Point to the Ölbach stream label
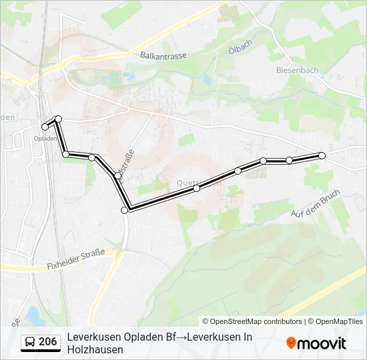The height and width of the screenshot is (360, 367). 240,51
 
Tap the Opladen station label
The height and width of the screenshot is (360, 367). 45,138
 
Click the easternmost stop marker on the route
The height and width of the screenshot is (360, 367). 322,155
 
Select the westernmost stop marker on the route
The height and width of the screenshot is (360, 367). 45,127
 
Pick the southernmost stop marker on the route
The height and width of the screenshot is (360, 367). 125,211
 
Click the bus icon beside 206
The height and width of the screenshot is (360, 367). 30,342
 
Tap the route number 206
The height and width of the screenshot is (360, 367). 47,342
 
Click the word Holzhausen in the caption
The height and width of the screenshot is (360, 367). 95,349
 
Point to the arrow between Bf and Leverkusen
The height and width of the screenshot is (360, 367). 181,337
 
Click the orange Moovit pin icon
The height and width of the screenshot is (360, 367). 291,343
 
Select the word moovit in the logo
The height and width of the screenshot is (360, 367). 322,343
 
